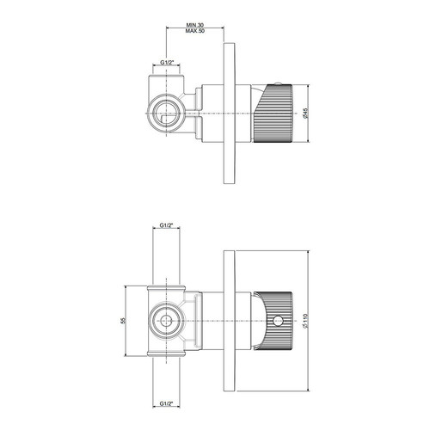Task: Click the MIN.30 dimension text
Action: (x=195, y=25)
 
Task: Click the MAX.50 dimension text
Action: (x=195, y=31)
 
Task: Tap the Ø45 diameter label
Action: (x=304, y=113)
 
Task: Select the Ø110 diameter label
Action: (x=305, y=321)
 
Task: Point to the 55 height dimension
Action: (x=123, y=321)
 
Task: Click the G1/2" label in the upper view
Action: (x=167, y=63)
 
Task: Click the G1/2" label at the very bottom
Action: (x=167, y=403)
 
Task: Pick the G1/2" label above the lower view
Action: (x=167, y=225)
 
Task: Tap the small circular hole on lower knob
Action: (x=278, y=321)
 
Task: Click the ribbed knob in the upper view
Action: (x=273, y=114)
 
